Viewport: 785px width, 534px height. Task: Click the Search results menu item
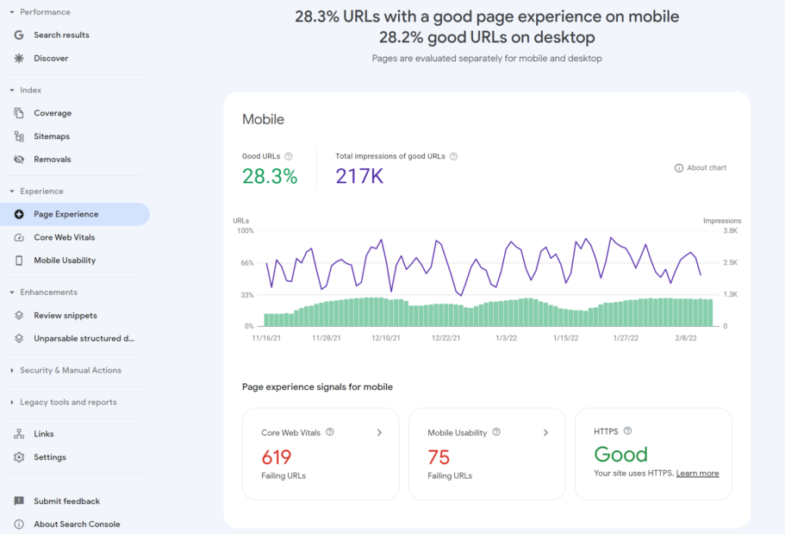pos(61,35)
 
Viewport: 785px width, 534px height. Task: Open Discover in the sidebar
pos(51,59)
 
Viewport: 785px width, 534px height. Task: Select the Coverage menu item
pos(53,113)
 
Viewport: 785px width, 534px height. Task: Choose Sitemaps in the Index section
pos(52,136)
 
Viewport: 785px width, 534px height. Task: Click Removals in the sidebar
pos(52,160)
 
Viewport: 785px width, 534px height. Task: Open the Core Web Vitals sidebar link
pos(64,237)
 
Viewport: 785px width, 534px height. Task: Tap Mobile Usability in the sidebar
pos(65,261)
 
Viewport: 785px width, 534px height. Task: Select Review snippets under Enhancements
pos(65,316)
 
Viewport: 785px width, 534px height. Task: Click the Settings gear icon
pos(19,457)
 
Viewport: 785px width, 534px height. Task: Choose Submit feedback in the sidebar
pos(66,501)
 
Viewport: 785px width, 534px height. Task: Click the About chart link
pos(701,167)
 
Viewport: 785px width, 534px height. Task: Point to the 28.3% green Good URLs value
pos(270,177)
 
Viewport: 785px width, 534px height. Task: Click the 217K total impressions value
pos(359,177)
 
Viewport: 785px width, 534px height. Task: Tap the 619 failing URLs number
pos(277,457)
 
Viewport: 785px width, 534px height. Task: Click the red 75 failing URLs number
pos(439,457)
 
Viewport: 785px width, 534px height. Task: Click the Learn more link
pos(697,474)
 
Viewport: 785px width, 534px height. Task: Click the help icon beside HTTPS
pos(627,431)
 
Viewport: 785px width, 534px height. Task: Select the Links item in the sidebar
pos(43,434)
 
